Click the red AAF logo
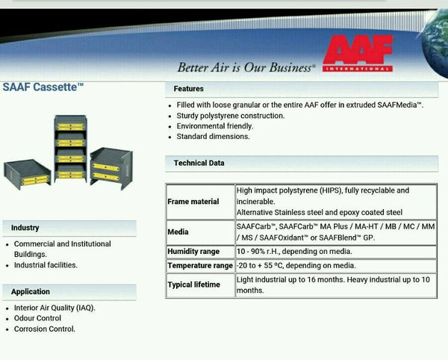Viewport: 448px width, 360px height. click(x=358, y=53)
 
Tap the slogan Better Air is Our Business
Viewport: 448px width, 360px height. click(x=246, y=67)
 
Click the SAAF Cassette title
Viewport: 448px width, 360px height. click(x=43, y=87)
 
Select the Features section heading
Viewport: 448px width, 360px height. click(x=189, y=89)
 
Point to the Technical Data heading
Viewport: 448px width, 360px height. click(x=199, y=163)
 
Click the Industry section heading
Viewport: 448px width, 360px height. click(x=25, y=228)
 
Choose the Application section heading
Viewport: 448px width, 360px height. click(x=31, y=292)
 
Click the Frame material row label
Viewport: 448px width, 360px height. click(x=193, y=202)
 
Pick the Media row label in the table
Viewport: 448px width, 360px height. click(x=178, y=232)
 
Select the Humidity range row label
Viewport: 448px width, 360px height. click(x=193, y=252)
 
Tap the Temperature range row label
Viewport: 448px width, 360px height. click(x=200, y=266)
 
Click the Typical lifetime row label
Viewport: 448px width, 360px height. click(x=193, y=285)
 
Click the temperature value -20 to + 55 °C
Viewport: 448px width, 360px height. click(x=260, y=266)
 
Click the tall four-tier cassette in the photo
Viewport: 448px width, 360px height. click(x=70, y=149)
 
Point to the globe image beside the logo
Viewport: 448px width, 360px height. click(x=435, y=43)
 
